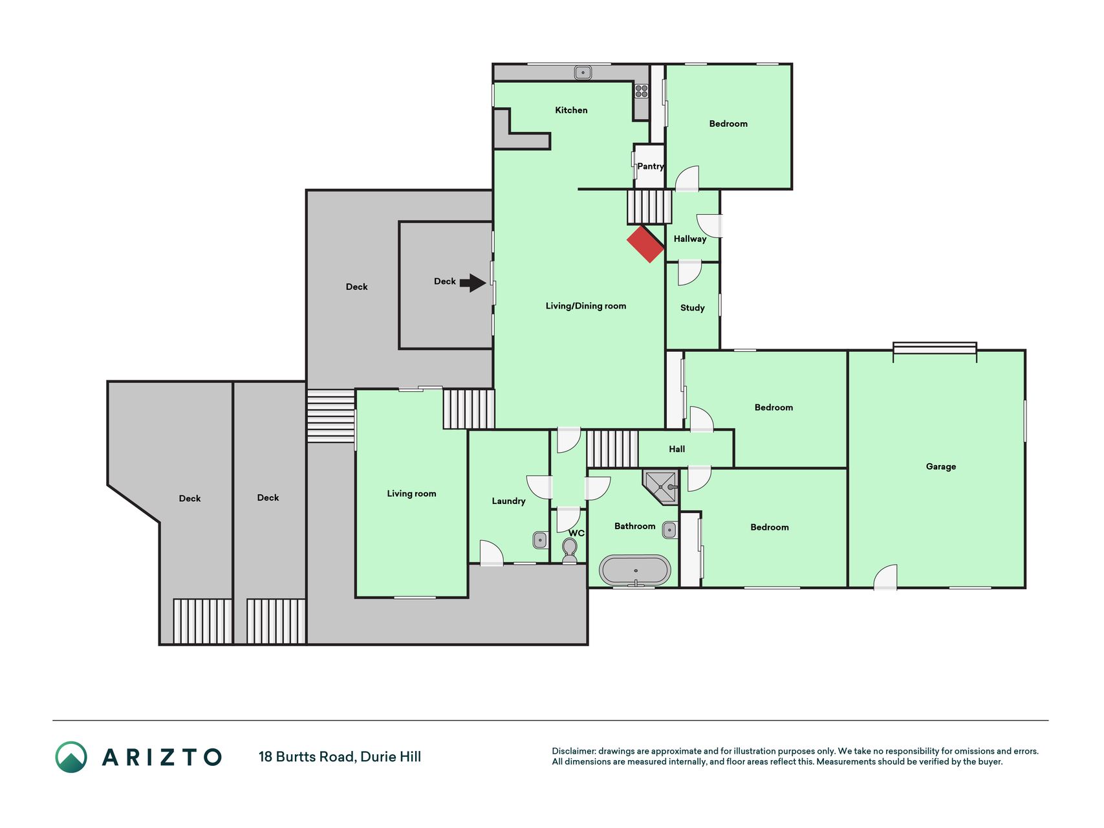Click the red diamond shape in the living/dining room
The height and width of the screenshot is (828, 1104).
(645, 244)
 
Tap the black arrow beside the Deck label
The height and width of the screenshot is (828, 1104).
(473, 283)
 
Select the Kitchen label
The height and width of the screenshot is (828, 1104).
(571, 110)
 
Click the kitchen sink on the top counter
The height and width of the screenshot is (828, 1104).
(583, 72)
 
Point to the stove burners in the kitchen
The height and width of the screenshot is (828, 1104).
(642, 91)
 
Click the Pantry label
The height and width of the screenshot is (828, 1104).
(651, 166)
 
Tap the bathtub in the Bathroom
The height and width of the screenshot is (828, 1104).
(635, 570)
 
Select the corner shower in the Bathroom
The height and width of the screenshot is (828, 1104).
(661, 486)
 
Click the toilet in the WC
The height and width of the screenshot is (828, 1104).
(570, 550)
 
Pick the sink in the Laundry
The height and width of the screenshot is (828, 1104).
(540, 539)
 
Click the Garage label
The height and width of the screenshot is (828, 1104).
(940, 466)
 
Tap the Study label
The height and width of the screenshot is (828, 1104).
(692, 308)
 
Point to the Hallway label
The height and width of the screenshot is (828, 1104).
(690, 239)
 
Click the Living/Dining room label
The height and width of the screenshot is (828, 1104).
(586, 306)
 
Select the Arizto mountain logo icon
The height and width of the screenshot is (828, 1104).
(71, 757)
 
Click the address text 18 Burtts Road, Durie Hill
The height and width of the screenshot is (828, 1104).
(340, 757)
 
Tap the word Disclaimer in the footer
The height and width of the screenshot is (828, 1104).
(574, 751)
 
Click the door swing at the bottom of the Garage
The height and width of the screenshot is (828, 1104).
(885, 577)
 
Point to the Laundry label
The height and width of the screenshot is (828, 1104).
(508, 501)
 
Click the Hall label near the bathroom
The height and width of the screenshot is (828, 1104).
(676, 449)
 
